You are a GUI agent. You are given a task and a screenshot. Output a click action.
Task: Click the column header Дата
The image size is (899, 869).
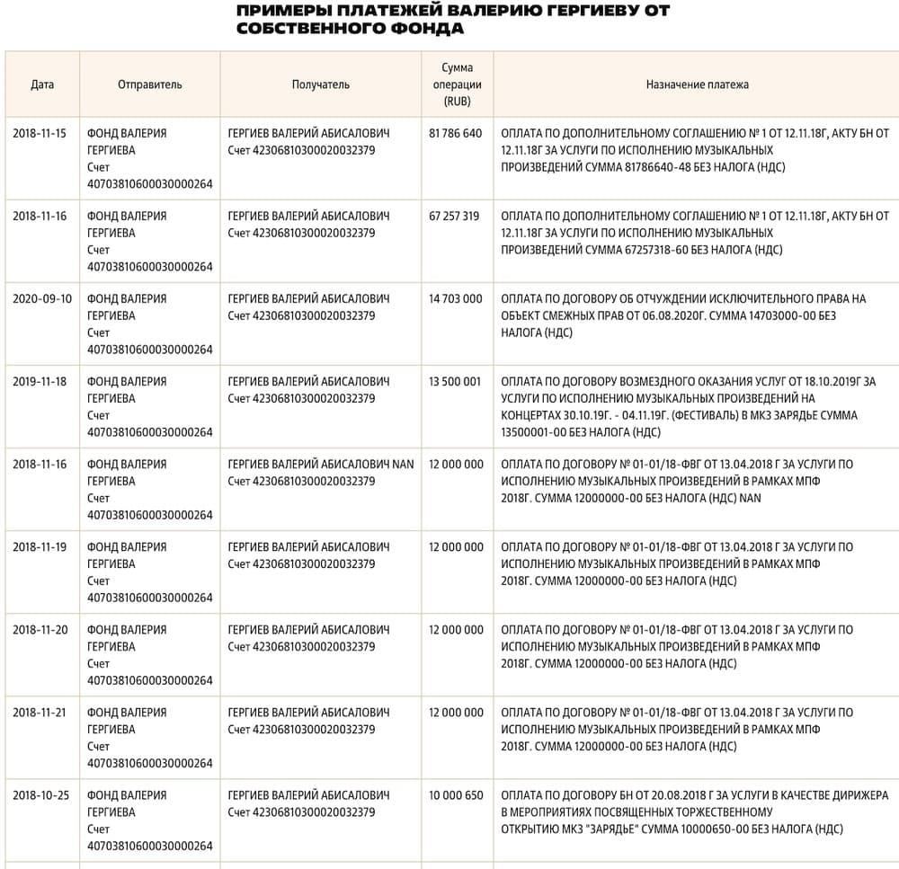pos(42,84)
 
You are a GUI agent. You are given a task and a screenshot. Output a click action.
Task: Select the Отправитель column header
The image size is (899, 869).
pos(149,84)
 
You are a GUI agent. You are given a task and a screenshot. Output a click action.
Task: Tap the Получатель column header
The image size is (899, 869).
pos(320,84)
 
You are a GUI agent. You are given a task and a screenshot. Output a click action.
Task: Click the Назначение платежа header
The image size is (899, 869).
pos(697,84)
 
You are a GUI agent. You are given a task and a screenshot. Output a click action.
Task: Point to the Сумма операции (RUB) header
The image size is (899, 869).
pos(457,84)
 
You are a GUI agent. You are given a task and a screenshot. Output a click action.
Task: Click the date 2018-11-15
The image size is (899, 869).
pos(40,133)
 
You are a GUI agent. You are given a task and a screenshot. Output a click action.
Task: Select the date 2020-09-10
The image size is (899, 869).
pos(42,298)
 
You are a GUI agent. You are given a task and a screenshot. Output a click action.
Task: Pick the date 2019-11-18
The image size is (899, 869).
pos(40,381)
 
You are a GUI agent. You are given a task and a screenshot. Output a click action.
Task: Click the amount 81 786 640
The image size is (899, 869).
pos(456,133)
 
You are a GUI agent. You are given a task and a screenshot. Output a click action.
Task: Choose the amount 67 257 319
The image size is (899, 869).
pos(455,216)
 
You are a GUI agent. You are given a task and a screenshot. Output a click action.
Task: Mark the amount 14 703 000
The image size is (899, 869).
pos(456,298)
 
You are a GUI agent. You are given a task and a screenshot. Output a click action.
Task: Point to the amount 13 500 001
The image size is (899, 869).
pos(456,381)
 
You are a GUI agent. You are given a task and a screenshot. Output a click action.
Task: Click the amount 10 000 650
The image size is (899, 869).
pos(456,795)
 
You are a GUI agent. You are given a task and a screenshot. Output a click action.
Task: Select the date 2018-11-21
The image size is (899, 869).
pos(40,713)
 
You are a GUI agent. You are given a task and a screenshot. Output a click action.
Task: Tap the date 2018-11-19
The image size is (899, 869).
pos(40,546)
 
